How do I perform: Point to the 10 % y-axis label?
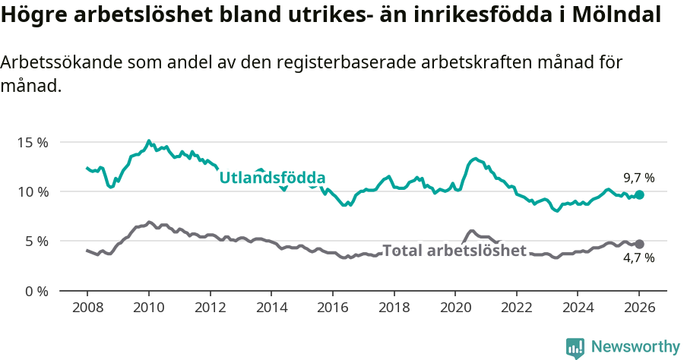(x=33, y=191)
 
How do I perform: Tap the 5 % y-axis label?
(x=36, y=242)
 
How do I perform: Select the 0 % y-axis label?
(x=36, y=291)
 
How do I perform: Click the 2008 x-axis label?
(x=87, y=308)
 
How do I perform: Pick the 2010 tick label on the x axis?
(x=148, y=308)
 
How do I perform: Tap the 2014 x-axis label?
(x=271, y=308)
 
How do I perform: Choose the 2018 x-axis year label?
(x=394, y=308)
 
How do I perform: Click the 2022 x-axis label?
(x=517, y=308)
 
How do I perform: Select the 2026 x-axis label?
(x=639, y=308)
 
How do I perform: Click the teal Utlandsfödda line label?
(x=272, y=178)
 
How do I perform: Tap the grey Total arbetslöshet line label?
(x=454, y=251)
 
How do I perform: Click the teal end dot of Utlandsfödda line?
(x=639, y=195)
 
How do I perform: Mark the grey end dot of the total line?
(x=639, y=244)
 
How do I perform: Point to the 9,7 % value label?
(x=638, y=178)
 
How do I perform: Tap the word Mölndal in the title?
(x=614, y=14)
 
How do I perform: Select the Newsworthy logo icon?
(x=575, y=348)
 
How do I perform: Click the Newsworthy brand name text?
(x=635, y=347)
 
